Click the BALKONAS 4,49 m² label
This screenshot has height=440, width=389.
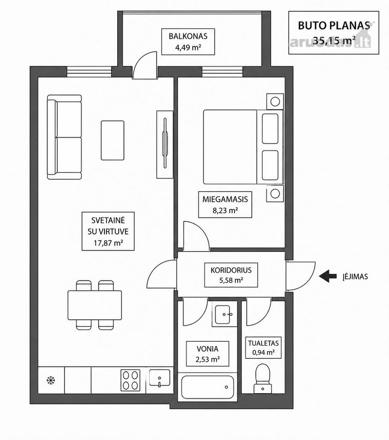click(x=188, y=42)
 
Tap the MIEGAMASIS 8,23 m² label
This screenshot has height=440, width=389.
click(x=225, y=204)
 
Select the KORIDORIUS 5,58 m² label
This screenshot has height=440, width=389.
click(x=231, y=275)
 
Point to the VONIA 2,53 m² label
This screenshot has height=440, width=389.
click(x=207, y=354)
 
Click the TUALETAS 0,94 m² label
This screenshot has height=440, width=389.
click(x=263, y=348)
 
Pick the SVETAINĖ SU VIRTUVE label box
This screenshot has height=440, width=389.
click(x=108, y=231)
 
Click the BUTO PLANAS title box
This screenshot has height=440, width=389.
click(x=333, y=33)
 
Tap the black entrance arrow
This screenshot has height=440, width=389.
click(x=328, y=276)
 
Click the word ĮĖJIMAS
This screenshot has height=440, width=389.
click(x=354, y=276)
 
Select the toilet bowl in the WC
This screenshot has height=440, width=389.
click(x=263, y=378)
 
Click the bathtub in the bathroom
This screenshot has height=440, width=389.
click(x=207, y=387)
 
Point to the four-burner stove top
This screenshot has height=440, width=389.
click(x=130, y=380)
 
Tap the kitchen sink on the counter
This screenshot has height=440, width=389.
click(x=159, y=378)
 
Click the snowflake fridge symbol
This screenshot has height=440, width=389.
click(x=51, y=380)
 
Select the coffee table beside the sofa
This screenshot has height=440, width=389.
click(x=112, y=140)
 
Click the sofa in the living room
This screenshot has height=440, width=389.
click(x=64, y=137)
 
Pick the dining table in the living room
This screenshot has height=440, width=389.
click(x=95, y=305)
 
